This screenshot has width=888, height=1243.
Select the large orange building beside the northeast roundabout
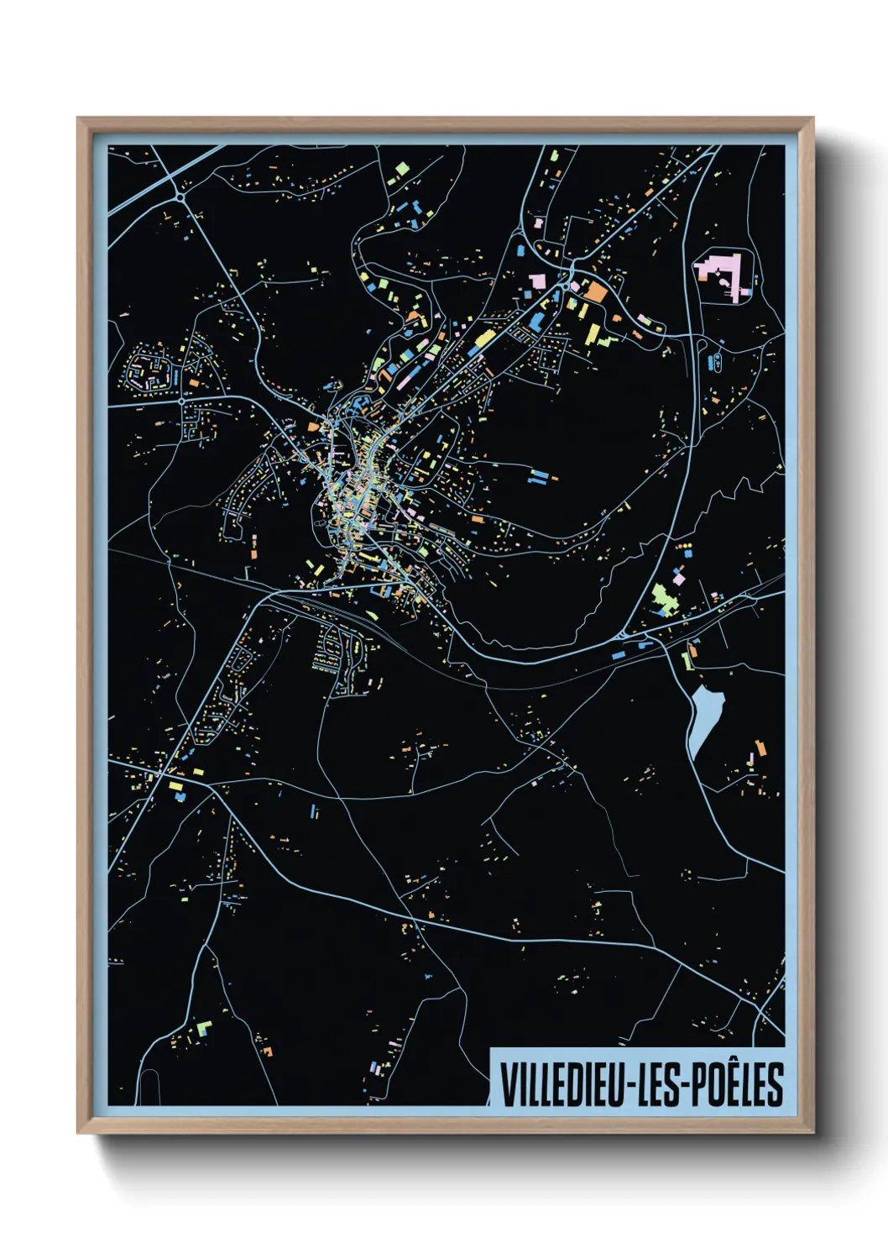pyautogui.click(x=595, y=291)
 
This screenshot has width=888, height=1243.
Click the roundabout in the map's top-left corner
pyautogui.click(x=180, y=197)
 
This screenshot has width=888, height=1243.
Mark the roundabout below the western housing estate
pyautogui.click(x=182, y=402)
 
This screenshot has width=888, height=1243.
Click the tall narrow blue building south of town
pyautogui.click(x=313, y=812)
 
